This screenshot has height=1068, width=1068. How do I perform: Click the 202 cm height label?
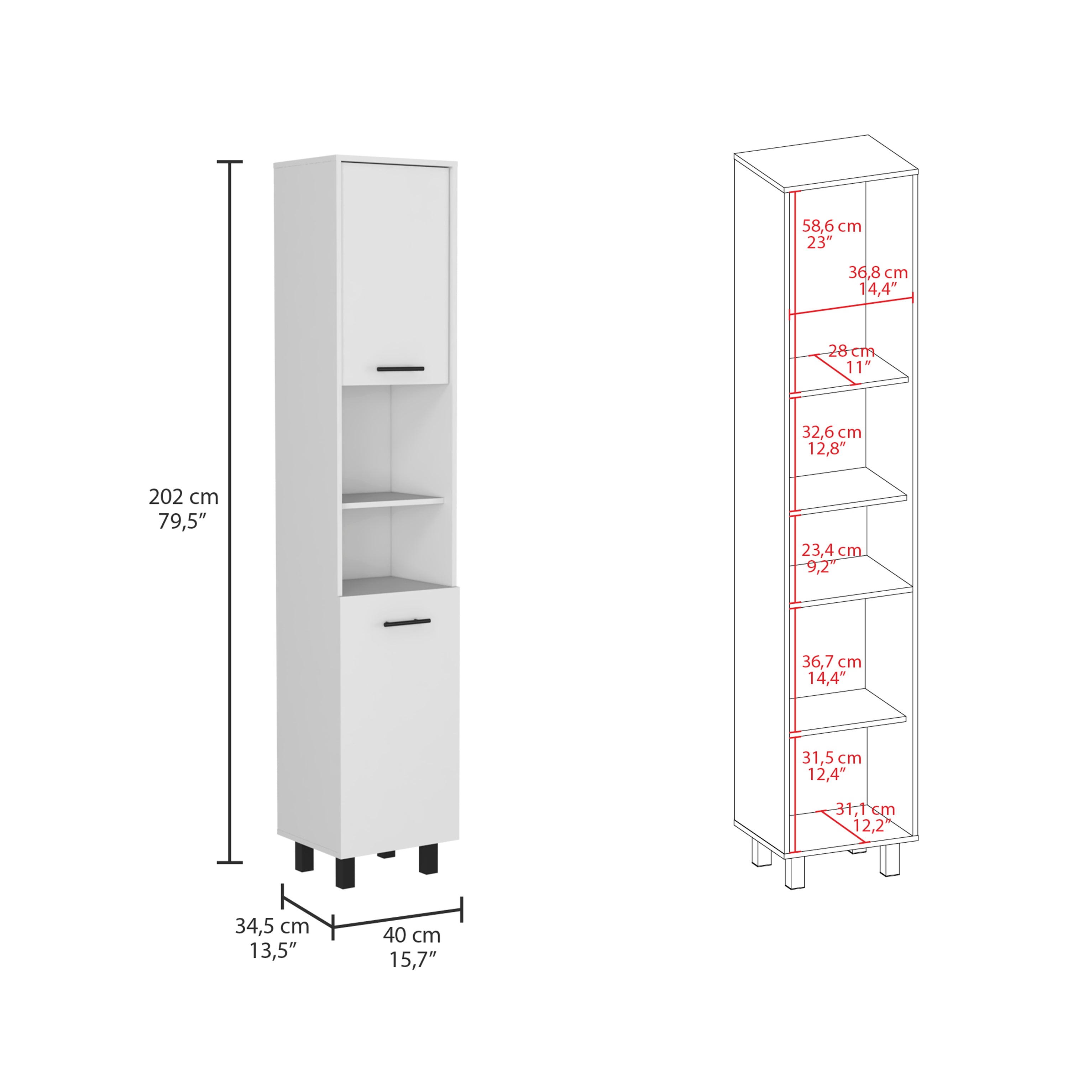[184, 497]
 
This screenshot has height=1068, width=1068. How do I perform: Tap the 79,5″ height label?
[182, 521]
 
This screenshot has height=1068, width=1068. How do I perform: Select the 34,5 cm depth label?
[272, 926]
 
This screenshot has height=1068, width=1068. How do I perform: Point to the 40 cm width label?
[412, 935]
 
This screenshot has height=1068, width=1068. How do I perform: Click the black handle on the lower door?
[407, 623]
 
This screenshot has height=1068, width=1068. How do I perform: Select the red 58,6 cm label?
[831, 226]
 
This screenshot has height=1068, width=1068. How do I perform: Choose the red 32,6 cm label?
[831, 432]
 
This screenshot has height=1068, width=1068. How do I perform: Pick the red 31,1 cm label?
[865, 809]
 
